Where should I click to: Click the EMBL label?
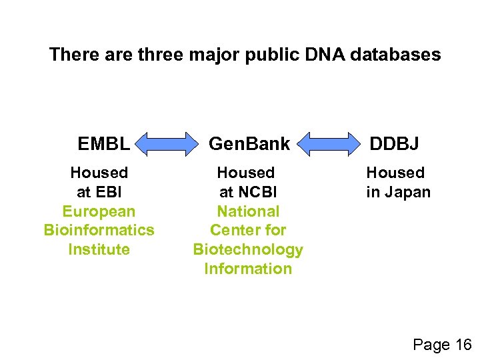(x=103, y=143)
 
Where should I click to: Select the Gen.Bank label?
(x=249, y=143)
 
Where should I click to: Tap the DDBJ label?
(x=395, y=143)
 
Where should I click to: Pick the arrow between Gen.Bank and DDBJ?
(x=327, y=143)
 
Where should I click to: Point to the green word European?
(x=99, y=211)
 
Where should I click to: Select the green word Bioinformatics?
(x=99, y=230)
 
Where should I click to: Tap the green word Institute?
(x=99, y=249)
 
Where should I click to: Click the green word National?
(x=248, y=211)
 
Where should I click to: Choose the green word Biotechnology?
(x=248, y=249)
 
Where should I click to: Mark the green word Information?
(x=248, y=269)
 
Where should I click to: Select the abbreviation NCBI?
(x=257, y=192)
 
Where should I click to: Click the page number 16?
(x=463, y=345)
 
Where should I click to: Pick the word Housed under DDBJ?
(x=395, y=173)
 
